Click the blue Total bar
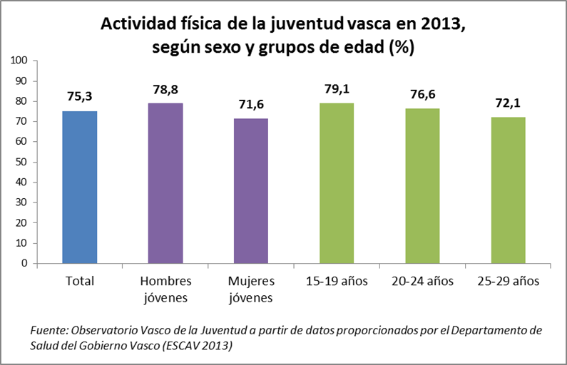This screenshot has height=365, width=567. [x=79, y=187]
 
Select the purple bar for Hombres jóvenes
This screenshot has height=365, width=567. [x=165, y=183]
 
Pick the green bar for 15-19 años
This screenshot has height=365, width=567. [x=337, y=182]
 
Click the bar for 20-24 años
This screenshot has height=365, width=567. [x=422, y=185]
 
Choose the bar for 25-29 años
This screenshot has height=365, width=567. [x=508, y=190]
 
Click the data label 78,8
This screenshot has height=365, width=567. [x=165, y=91]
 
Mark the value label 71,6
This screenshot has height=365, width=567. [x=251, y=106]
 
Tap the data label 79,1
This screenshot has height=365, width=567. [x=337, y=91]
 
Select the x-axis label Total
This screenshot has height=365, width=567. [x=79, y=281]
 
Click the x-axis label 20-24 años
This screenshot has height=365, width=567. [x=422, y=281]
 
